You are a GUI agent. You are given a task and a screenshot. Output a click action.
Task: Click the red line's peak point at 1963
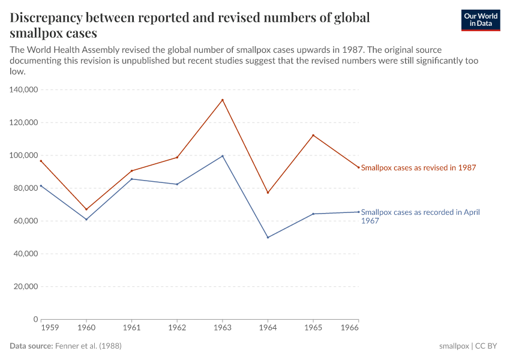(223, 100)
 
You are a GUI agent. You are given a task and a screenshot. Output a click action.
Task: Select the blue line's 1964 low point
(268, 238)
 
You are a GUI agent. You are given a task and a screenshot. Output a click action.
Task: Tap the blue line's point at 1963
(223, 156)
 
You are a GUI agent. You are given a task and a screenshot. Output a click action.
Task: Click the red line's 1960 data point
(86, 209)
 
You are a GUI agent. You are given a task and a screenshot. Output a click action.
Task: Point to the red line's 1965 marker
(313, 135)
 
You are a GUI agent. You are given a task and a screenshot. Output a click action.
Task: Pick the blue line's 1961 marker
(131, 179)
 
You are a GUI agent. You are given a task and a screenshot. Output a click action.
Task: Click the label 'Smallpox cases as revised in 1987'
(418, 168)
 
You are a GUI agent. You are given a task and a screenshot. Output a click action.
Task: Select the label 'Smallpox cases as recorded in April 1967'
(420, 216)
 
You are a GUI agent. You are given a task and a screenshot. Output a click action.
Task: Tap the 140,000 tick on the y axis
(25, 89)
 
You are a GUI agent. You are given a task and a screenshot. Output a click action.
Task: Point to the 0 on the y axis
(36, 319)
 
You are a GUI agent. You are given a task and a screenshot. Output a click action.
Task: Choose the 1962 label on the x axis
(177, 328)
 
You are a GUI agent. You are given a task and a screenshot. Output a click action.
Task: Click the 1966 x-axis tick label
(349, 328)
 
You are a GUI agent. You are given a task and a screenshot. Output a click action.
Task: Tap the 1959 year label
(50, 328)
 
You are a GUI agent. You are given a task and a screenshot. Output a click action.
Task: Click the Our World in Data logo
(480, 20)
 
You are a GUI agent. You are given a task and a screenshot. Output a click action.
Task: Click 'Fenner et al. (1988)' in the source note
(92, 346)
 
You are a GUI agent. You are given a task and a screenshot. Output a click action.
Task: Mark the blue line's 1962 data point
(177, 184)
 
